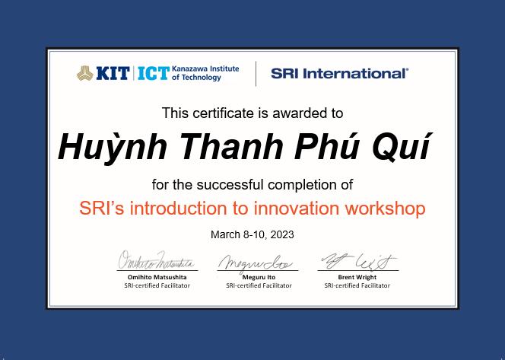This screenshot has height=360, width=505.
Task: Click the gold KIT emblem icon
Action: click(85, 73)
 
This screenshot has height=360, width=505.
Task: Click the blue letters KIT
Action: click(113, 74)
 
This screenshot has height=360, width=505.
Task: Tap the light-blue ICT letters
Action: click(154, 74)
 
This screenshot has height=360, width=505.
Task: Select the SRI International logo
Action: click(339, 74)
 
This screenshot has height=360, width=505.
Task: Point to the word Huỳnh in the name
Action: click(113, 147)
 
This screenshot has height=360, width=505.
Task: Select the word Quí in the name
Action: click(402, 148)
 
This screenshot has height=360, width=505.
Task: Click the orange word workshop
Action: click(385, 209)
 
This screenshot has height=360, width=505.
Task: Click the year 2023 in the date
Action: click(282, 234)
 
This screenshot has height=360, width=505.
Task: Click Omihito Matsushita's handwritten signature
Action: click(157, 260)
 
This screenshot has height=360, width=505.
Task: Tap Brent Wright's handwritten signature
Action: click(359, 261)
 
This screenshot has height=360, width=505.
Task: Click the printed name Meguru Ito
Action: click(259, 277)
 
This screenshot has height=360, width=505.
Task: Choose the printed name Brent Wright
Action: click(357, 277)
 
